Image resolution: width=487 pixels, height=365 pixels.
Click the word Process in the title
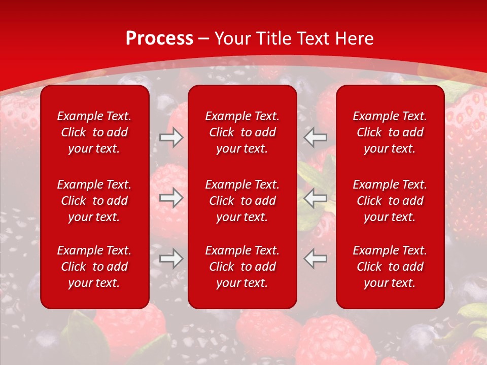pyautogui.click(x=159, y=38)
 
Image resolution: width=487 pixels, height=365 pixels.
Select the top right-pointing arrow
pyautogui.click(x=171, y=137)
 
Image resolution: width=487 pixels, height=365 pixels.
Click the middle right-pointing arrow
pyautogui.click(x=171, y=198)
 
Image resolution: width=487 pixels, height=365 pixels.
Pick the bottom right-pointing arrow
pyautogui.click(x=171, y=259)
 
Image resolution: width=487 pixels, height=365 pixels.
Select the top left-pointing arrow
pyautogui.click(x=316, y=137)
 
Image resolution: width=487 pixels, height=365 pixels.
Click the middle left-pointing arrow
pyautogui.click(x=316, y=198)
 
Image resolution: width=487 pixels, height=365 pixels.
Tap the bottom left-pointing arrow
pyautogui.click(x=316, y=259)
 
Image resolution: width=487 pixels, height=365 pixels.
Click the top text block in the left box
pyautogui.click(x=94, y=132)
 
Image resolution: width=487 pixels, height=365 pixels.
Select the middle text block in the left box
pyautogui.click(x=94, y=201)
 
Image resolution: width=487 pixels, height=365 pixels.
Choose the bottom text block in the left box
pyautogui.click(x=94, y=267)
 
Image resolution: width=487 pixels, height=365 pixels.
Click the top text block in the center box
pyautogui.click(x=242, y=132)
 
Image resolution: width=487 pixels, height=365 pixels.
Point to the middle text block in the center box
pyautogui.click(x=242, y=201)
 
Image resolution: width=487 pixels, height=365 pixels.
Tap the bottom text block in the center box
pyautogui.click(x=242, y=267)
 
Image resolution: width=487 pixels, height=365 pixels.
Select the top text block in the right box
pyautogui.click(x=390, y=132)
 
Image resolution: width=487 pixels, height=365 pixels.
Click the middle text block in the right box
pyautogui.click(x=390, y=201)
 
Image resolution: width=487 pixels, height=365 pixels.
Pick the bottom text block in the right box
pyautogui.click(x=390, y=267)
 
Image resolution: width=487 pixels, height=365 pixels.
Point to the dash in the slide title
pyautogui.click(x=204, y=39)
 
